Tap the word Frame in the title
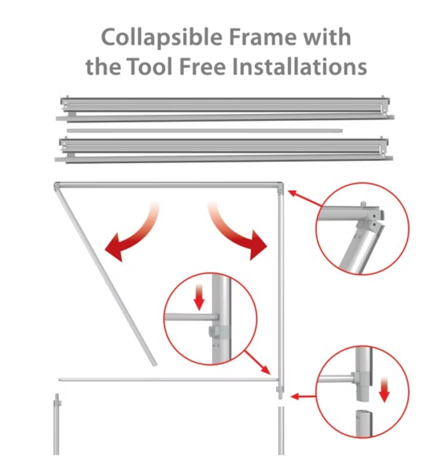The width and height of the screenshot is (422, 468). [263, 37]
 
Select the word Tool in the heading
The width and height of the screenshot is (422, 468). [150, 66]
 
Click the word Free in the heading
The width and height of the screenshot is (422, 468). [203, 66]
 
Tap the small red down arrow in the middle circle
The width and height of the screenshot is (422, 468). [199, 297]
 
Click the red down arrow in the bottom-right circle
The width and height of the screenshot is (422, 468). [384, 389]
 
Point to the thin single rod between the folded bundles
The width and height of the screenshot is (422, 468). [205, 130]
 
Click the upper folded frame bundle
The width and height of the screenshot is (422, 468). [225, 109]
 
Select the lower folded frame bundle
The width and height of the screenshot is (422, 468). [224, 150]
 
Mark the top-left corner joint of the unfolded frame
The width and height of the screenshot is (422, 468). [57, 186]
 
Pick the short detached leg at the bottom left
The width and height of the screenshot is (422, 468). [57, 424]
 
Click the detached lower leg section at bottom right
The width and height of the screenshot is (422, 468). [281, 431]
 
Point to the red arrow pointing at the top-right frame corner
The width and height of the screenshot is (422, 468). [305, 198]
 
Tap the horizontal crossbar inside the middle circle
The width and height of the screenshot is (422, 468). [192, 317]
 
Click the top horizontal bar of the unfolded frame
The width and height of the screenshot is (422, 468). [169, 185]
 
